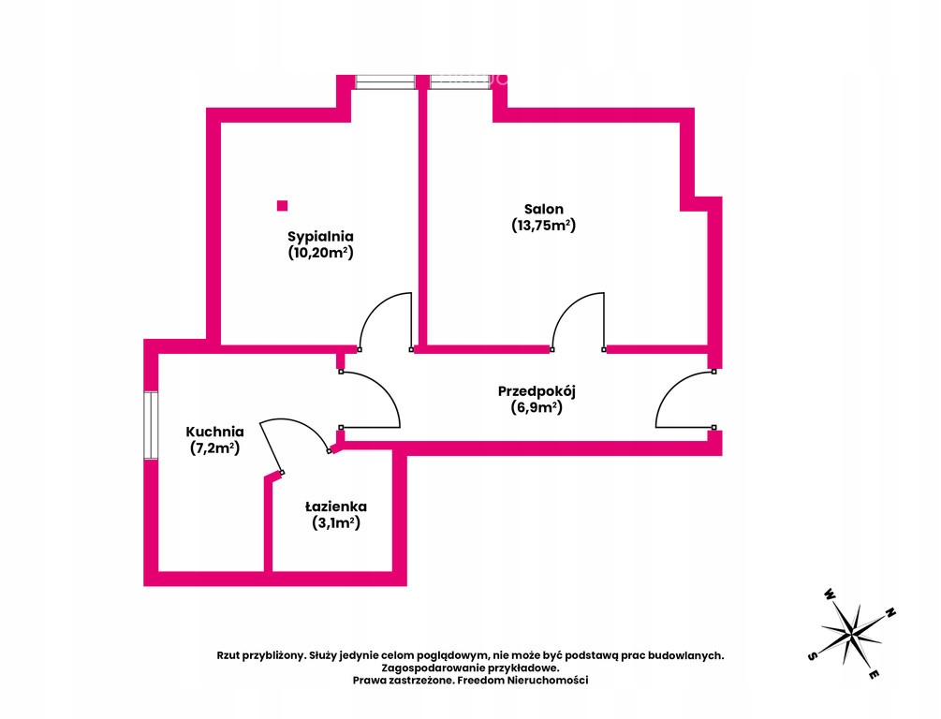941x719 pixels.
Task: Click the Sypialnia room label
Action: [320, 237]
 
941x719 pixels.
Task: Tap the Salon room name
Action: [544, 209]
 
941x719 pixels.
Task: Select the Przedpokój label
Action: [537, 392]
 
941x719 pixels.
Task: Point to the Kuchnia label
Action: [214, 432]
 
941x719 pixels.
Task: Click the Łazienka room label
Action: [335, 506]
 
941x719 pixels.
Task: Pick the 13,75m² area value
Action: [544, 226]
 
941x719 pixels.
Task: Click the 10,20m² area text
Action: [320, 253]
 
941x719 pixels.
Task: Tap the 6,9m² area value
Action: [537, 408]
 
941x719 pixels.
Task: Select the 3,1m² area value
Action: [335, 523]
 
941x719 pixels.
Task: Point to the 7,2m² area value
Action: [214, 448]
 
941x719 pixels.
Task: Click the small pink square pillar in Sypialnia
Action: [282, 206]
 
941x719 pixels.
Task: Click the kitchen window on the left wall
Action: [151, 426]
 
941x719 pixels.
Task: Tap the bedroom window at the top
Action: [385, 82]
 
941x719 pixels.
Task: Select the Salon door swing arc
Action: [567, 304]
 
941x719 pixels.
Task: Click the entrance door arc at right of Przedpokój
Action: [670, 386]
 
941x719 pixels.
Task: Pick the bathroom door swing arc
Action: [303, 424]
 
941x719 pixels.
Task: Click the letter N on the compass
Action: [890, 613]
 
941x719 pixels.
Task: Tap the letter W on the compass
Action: [829, 594]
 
